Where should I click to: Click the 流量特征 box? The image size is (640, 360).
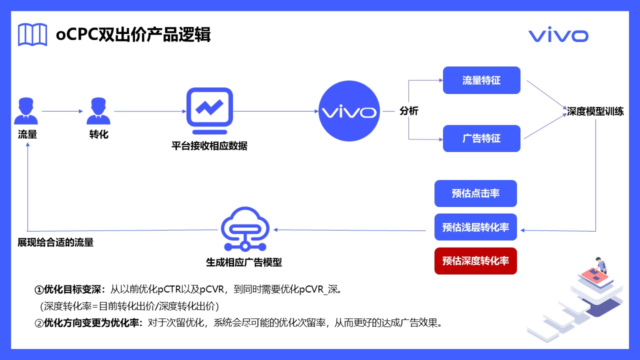(x=481, y=80)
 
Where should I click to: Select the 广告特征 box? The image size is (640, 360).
(x=481, y=138)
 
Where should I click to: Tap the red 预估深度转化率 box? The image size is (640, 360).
(x=475, y=261)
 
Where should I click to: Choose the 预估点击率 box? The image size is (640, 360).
(x=475, y=193)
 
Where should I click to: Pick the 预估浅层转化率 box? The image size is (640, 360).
(x=475, y=227)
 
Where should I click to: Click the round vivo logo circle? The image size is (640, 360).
(x=349, y=111)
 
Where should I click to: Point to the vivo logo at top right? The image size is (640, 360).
(x=558, y=35)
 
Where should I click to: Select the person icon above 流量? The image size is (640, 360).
(x=26, y=111)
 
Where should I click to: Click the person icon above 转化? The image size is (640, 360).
(x=98, y=111)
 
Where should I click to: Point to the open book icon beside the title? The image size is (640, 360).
(x=32, y=34)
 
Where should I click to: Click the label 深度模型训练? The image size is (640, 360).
(x=595, y=111)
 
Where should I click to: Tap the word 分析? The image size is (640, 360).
(x=409, y=111)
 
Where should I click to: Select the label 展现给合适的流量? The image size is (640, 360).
(x=55, y=242)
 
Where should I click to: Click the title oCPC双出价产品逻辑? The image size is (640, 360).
(x=133, y=35)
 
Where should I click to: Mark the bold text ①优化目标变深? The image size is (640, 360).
(x=70, y=289)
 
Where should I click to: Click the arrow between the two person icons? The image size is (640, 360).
(x=62, y=111)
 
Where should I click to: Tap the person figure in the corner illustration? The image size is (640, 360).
(x=598, y=265)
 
